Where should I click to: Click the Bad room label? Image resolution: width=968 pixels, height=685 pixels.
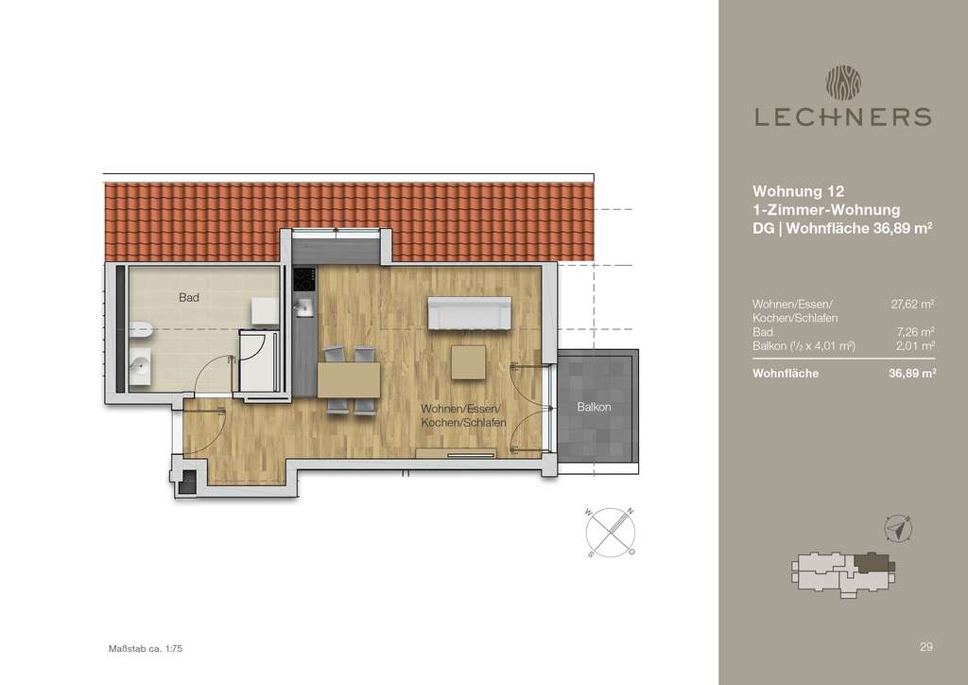[x=189, y=297]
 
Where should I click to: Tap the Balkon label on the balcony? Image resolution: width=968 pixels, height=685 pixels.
[x=595, y=407]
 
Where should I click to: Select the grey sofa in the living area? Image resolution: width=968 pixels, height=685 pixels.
[x=470, y=313]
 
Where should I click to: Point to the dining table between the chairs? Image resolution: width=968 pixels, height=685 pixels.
[x=349, y=380]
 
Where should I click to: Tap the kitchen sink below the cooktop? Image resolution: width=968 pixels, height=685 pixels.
[x=304, y=307]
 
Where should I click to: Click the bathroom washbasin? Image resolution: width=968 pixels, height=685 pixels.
[x=139, y=364]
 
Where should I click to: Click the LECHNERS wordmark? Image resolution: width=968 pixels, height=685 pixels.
[x=841, y=116]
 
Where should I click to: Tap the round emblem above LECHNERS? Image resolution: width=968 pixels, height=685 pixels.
[x=841, y=80]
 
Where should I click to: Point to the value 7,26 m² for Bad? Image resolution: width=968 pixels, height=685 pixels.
[x=917, y=333]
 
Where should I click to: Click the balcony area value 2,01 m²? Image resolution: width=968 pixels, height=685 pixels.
[x=917, y=347]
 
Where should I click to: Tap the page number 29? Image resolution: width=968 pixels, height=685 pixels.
[x=926, y=647]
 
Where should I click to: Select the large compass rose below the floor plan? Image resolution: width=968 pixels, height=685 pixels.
[x=611, y=530]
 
